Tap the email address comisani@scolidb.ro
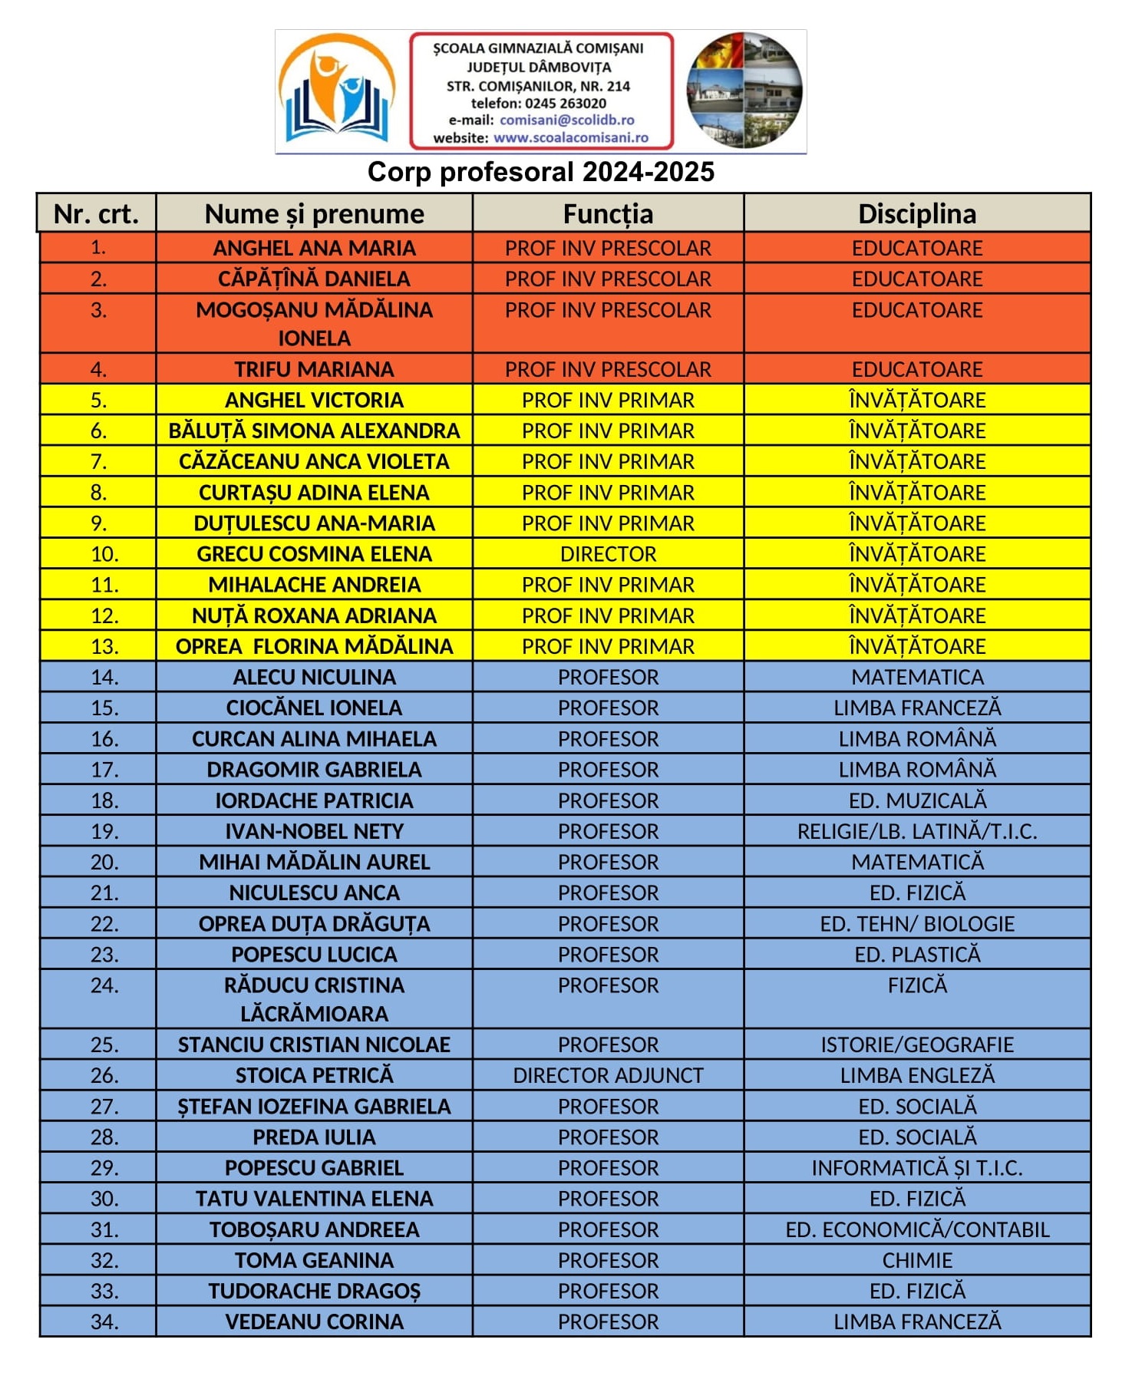[566, 120]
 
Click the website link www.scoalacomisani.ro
[570, 138]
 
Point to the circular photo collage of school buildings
[744, 90]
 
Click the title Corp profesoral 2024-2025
[540, 172]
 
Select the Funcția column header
[608, 213]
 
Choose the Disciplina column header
[916, 213]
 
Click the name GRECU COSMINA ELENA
[314, 554]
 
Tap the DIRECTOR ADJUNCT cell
[608, 1075]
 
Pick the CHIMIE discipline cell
[916, 1260]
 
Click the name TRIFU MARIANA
[314, 369]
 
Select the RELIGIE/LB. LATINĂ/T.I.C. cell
[916, 831]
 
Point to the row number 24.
[104, 985]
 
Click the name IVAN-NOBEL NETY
[314, 831]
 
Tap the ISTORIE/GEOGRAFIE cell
[916, 1044]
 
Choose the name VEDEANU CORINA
[314, 1322]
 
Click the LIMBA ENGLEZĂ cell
[916, 1075]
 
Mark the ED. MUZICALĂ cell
[916, 800]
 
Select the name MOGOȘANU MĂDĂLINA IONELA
[314, 323]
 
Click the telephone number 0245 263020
[566, 104]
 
